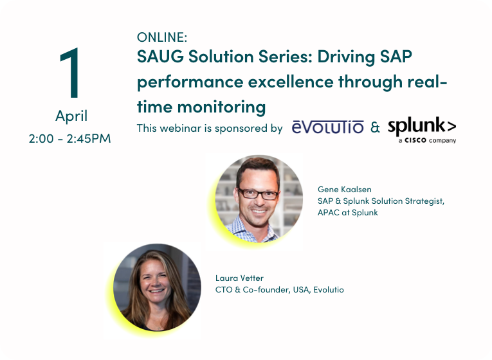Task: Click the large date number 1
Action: point(71,73)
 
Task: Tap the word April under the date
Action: point(71,116)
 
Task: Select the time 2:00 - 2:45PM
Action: point(69,138)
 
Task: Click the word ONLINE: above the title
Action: point(162,37)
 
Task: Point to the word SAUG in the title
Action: point(160,57)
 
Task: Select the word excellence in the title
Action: point(291,82)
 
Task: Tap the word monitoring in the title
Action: point(221,108)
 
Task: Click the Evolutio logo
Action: point(327,127)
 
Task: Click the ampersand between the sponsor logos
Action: point(375,127)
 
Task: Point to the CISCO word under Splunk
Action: point(415,140)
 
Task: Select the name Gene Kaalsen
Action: point(345,190)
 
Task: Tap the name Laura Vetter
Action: point(239,278)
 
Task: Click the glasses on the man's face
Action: point(258,194)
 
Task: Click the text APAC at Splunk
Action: point(348,213)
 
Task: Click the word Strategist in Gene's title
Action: point(424,201)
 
